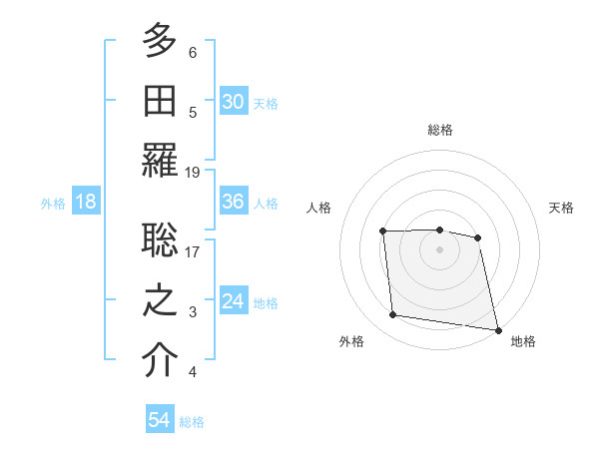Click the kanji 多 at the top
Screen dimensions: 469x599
[160, 42]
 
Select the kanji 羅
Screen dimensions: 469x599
[160, 161]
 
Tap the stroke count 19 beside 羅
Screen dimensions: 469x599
[193, 172]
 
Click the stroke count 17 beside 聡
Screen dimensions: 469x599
[193, 251]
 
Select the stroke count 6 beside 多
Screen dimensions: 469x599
[193, 52]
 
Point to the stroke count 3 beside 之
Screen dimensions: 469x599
[193, 312]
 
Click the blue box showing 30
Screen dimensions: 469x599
[233, 101]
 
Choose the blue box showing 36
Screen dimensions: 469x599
[233, 202]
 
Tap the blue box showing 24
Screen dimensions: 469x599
[233, 301]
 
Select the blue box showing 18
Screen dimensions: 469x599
[85, 202]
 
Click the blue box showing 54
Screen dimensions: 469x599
[159, 420]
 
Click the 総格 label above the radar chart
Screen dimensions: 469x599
[439, 130]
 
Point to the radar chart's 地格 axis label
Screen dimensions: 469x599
[523, 341]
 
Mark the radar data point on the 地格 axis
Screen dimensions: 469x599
[496, 328]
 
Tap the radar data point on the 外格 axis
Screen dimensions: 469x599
[393, 315]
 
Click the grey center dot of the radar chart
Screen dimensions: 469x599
[439, 249]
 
